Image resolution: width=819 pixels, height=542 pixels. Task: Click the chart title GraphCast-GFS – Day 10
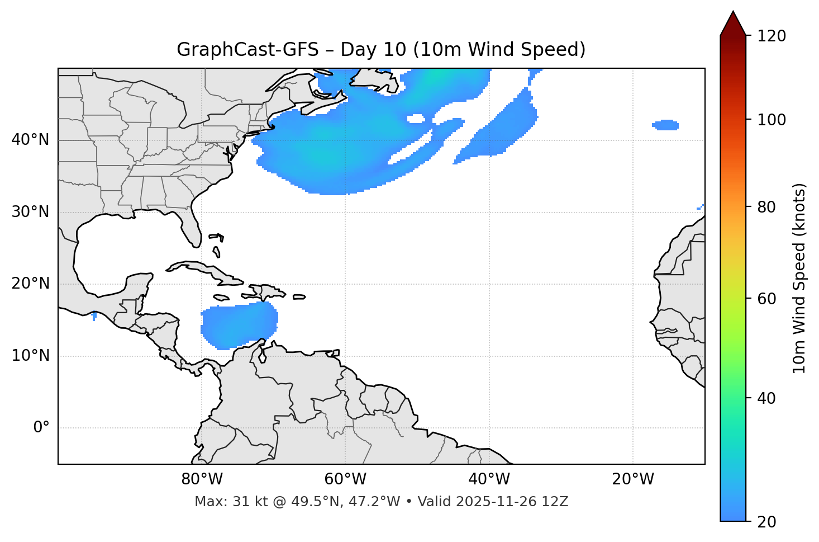point(381,50)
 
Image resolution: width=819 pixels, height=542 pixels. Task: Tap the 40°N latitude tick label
point(30,140)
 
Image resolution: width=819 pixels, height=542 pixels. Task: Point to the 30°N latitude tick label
point(30,212)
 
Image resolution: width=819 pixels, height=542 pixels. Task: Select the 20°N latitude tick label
point(30,284)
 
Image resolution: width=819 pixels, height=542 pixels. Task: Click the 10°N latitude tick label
point(30,356)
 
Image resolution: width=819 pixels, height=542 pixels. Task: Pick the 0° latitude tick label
point(41,428)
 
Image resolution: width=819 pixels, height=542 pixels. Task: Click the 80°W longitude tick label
point(202,479)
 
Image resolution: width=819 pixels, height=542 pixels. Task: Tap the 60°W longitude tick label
point(345,479)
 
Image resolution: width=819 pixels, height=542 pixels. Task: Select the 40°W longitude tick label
point(489,479)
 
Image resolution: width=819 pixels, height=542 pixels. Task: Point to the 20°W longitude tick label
point(632,479)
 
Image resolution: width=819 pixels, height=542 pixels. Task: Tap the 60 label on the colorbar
point(769,299)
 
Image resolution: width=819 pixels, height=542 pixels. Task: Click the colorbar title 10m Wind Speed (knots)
point(799,279)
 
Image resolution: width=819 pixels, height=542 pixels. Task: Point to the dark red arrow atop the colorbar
point(733,23)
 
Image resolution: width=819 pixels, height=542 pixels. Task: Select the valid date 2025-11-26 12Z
point(512,502)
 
